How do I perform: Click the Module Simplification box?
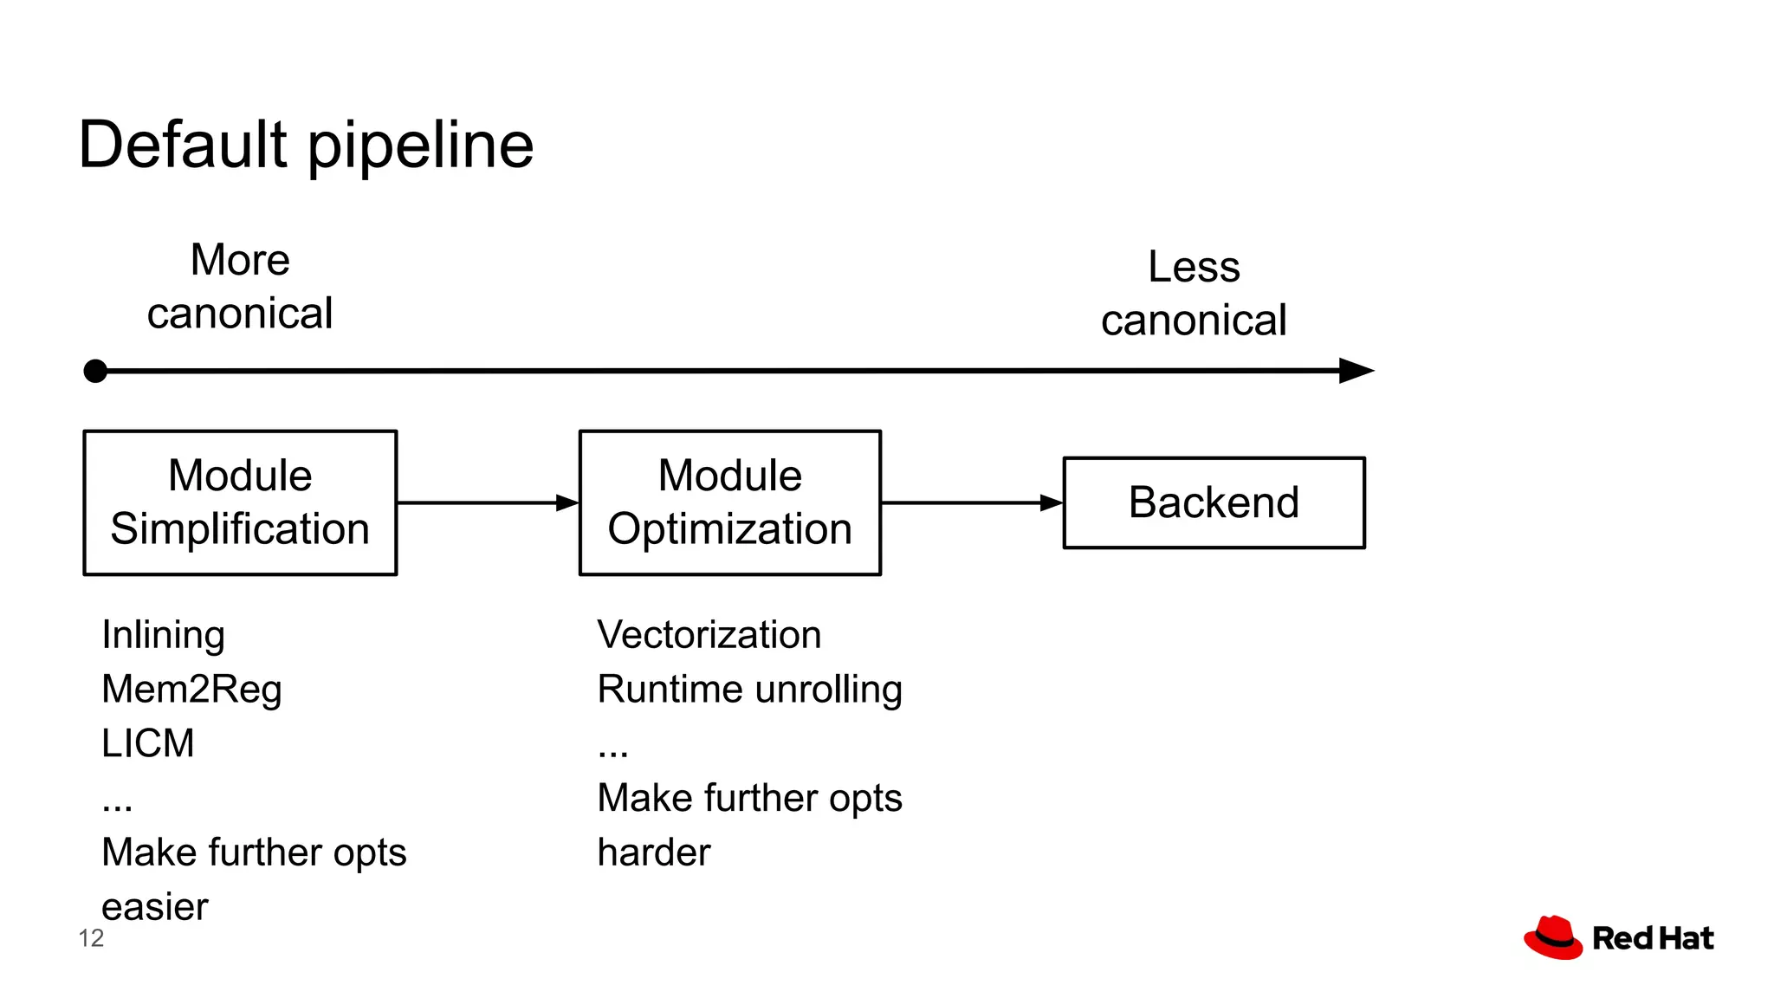(240, 502)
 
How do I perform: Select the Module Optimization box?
(729, 502)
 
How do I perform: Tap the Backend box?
(1214, 502)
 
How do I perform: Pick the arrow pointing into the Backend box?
(971, 502)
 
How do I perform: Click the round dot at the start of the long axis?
(95, 372)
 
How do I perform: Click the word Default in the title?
(182, 145)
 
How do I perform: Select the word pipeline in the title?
(421, 147)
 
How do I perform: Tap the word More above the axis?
(240, 260)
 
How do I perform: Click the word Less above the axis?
(1194, 267)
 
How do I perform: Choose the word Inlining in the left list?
(163, 635)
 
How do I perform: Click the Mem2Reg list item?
(191, 690)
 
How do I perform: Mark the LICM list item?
(147, 743)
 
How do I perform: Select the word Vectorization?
(709, 635)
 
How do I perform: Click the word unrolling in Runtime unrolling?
(828, 690)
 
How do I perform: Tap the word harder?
(654, 852)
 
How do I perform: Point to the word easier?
(154, 907)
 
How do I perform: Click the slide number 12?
(91, 938)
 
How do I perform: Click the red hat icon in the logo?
(1553, 937)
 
